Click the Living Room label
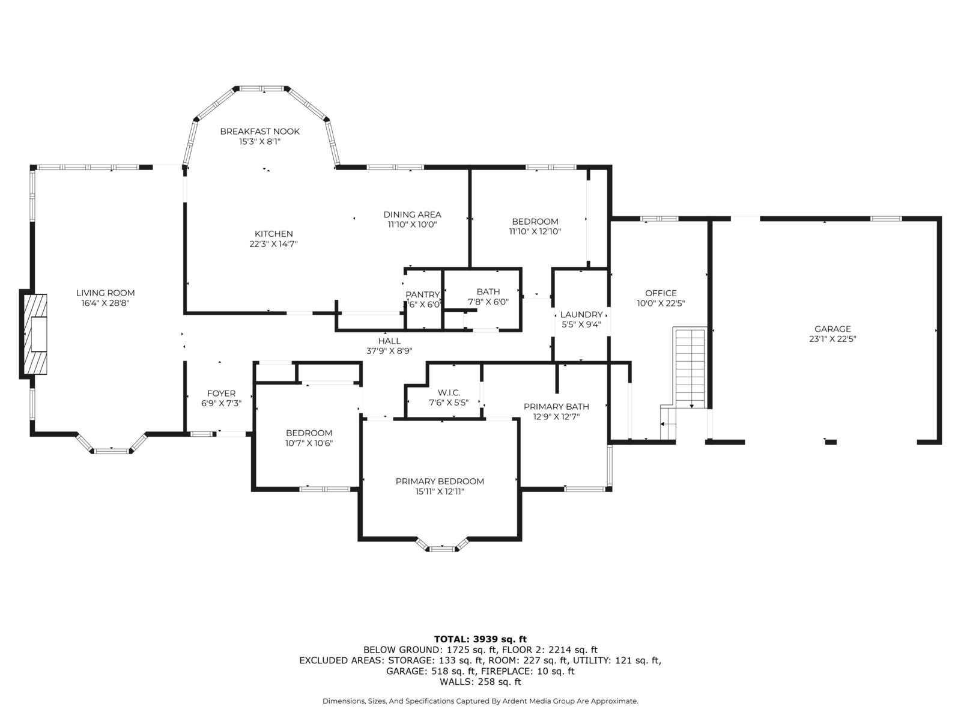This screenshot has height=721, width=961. coord(106,293)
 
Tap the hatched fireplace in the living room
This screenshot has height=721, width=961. coord(35,334)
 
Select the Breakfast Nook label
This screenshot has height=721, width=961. coord(259,132)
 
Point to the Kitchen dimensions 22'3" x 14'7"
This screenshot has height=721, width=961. coord(274,244)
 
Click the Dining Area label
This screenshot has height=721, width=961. coord(412,214)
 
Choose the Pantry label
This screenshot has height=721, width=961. coord(422,294)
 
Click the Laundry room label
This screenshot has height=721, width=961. coord(581,314)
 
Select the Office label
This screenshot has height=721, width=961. coord(661,293)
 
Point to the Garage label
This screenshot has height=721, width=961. coord(832,329)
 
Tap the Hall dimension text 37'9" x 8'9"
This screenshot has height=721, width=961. coord(389,351)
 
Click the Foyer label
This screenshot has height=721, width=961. coord(221,394)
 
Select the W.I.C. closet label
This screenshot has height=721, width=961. coord(449,393)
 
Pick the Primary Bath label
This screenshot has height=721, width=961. coord(556,407)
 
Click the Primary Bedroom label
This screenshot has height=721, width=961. coord(440,481)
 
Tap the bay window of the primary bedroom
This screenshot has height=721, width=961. coord(441,546)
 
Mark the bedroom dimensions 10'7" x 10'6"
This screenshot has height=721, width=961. coord(309,443)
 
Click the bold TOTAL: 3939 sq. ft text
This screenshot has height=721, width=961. coord(480,639)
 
